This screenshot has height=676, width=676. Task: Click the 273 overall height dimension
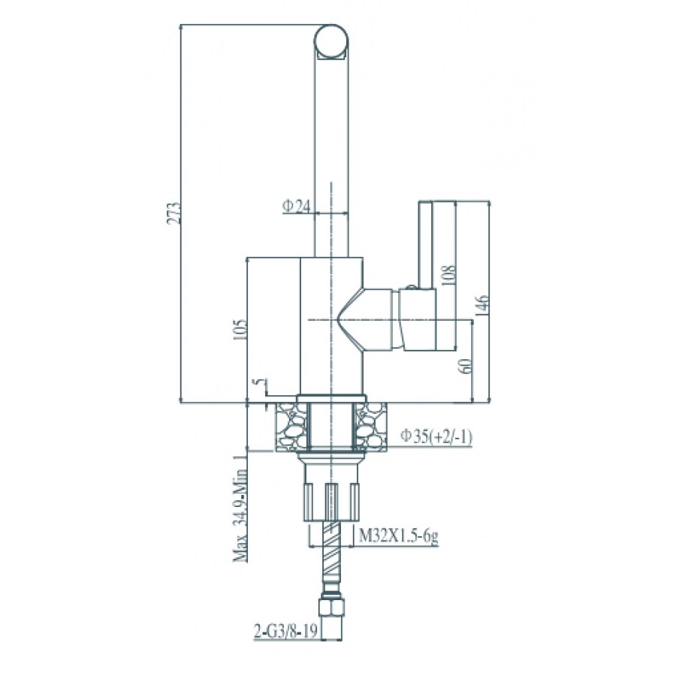[x=174, y=213]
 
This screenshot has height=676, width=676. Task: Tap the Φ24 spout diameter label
[x=297, y=206]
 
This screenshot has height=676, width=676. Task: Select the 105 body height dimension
[x=240, y=330]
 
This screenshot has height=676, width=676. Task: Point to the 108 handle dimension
[x=448, y=276]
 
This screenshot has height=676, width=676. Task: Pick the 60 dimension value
[x=466, y=366]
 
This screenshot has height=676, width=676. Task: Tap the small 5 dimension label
[x=258, y=382]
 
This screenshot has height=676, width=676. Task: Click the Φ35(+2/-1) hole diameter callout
[x=436, y=436]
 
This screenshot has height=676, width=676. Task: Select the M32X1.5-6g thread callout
[x=399, y=536]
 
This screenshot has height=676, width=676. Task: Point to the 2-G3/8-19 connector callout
[x=285, y=631]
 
